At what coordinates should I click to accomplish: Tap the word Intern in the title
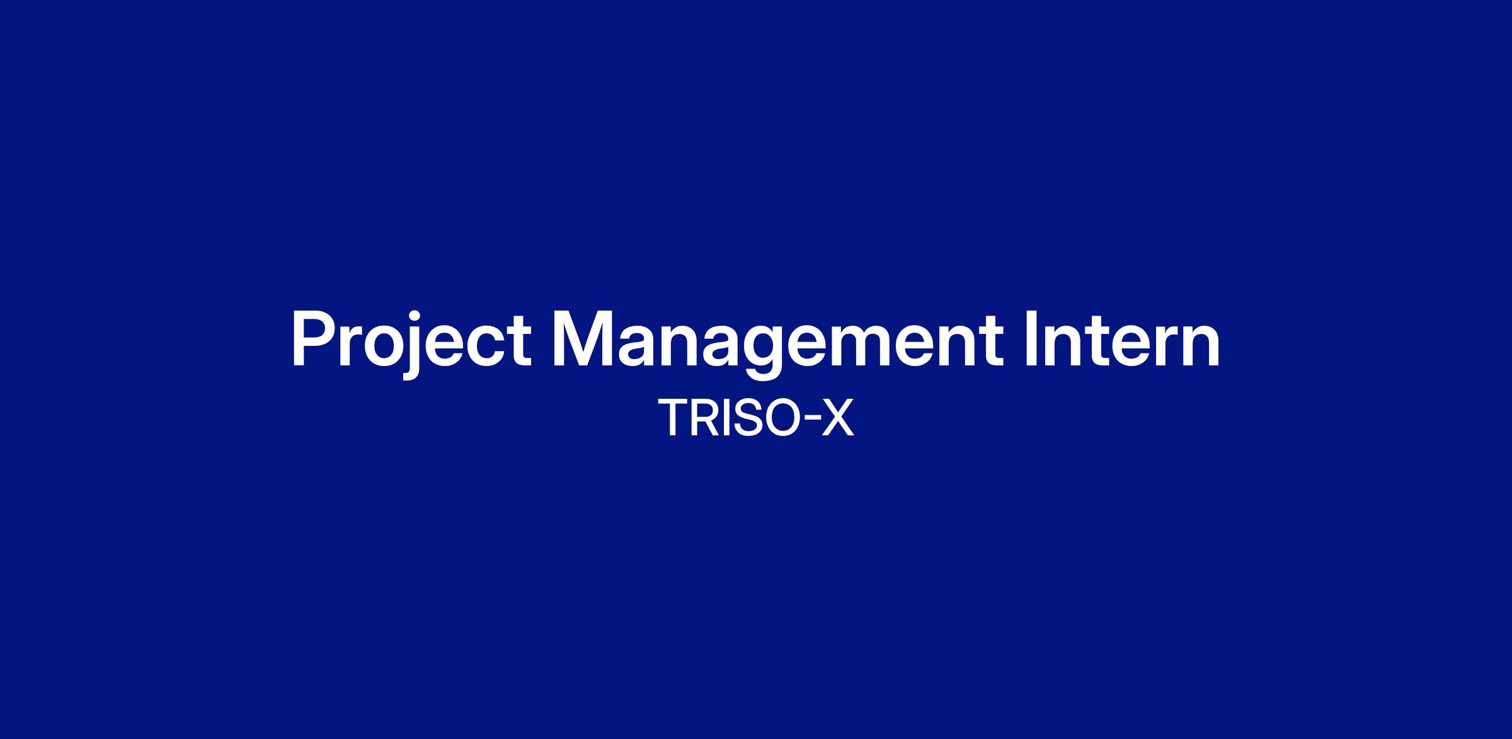click(1122, 338)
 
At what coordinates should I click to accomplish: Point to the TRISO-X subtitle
click(756, 417)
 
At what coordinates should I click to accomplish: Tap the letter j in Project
click(411, 346)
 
